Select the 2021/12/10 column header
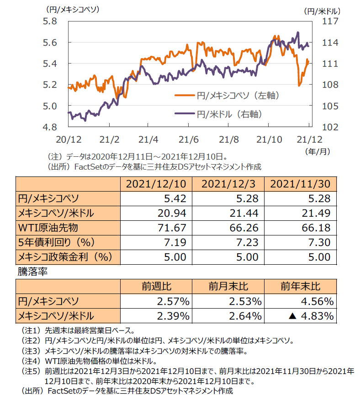[x=153, y=184]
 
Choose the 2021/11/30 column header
[x=300, y=184]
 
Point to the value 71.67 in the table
[x=173, y=227]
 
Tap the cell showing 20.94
[x=173, y=213]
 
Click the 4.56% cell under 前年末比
[x=317, y=301]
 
